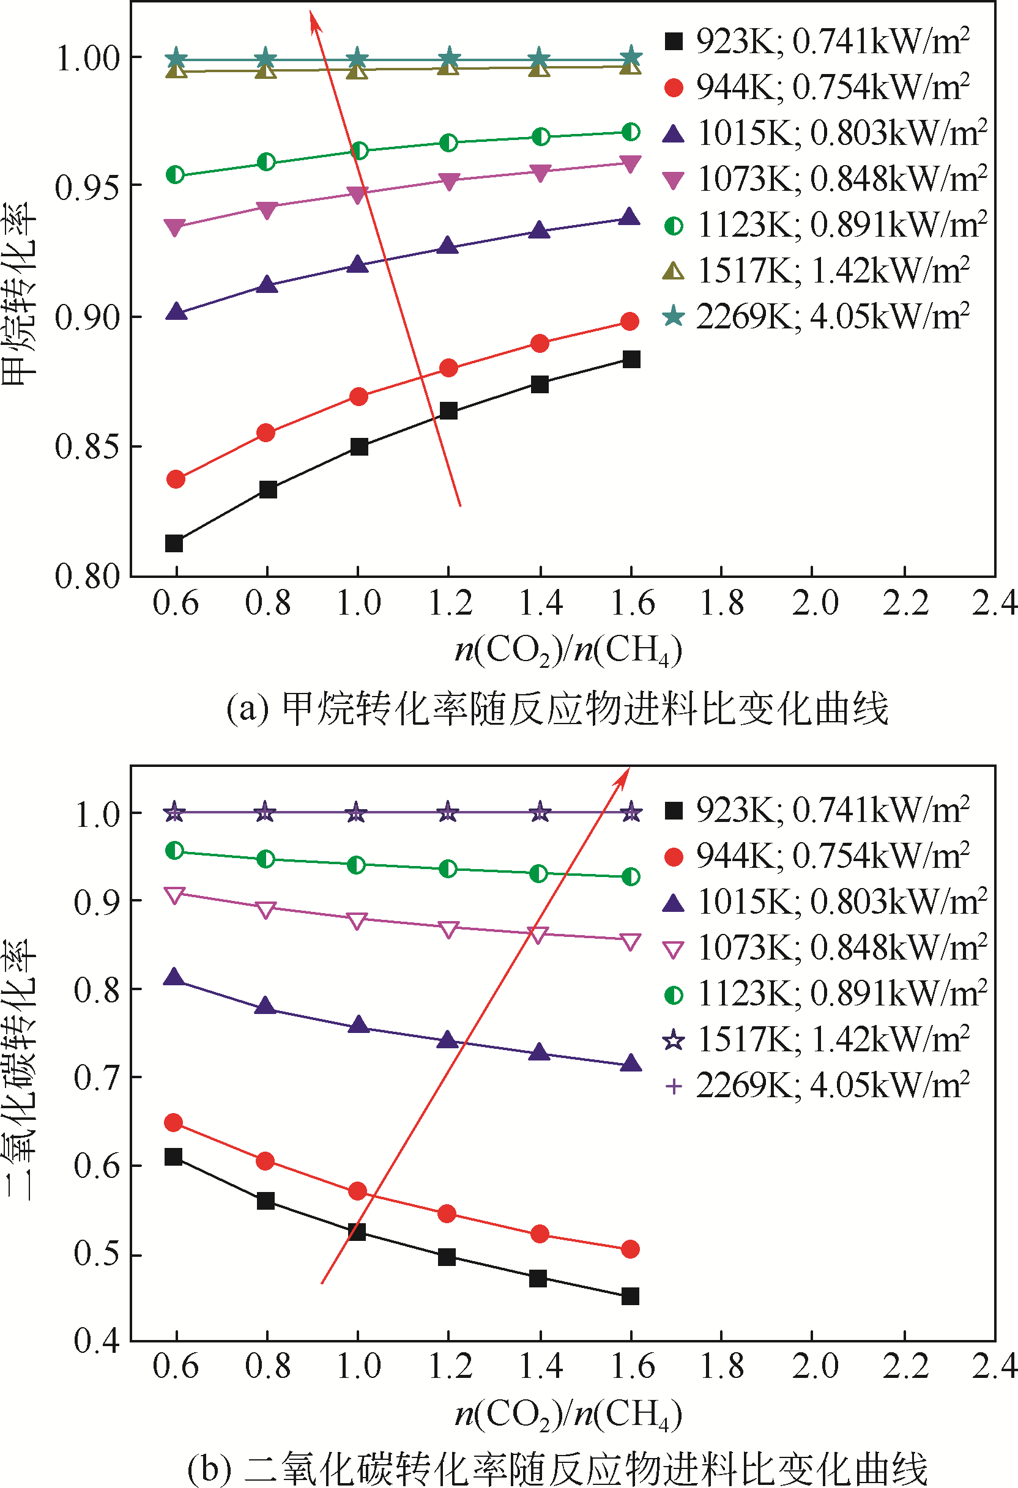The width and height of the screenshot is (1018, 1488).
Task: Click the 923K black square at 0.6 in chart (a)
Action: coord(174,544)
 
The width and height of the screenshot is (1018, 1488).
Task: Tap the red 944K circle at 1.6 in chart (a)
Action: coord(630,322)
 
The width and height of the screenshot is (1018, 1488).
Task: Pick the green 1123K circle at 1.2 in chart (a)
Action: coord(448,142)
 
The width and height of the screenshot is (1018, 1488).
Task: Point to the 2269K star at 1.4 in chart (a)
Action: coord(540,58)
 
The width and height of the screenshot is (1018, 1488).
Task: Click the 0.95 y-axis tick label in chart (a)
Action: coord(87,188)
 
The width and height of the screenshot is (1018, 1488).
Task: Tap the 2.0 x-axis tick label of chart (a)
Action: coord(814,602)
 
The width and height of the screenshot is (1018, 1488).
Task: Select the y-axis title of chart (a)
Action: coord(19,295)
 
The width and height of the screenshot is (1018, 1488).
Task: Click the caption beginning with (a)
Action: coord(557,709)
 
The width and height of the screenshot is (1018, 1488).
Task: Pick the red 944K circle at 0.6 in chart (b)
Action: coord(174,1122)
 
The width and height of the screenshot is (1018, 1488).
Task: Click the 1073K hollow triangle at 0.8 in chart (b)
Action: coord(266,909)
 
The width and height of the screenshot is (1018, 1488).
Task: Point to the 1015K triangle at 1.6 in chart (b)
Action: coord(631,1064)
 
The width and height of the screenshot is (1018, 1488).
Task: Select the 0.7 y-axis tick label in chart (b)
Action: coord(96,1078)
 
